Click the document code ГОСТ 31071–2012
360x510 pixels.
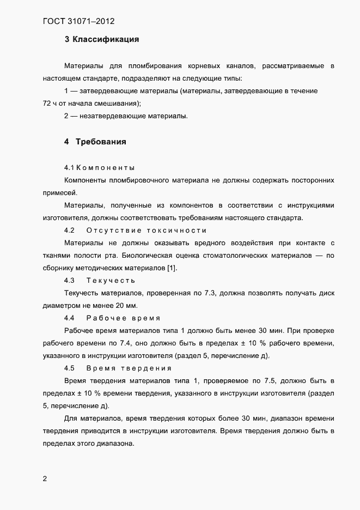click(78, 22)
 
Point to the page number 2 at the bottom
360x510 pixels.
click(45, 479)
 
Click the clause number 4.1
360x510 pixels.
click(69, 167)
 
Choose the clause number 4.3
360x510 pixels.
click(69, 280)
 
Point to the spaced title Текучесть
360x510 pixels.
click(110, 280)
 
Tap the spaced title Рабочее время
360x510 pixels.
click(123, 318)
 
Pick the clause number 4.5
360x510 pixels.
click(69, 368)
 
